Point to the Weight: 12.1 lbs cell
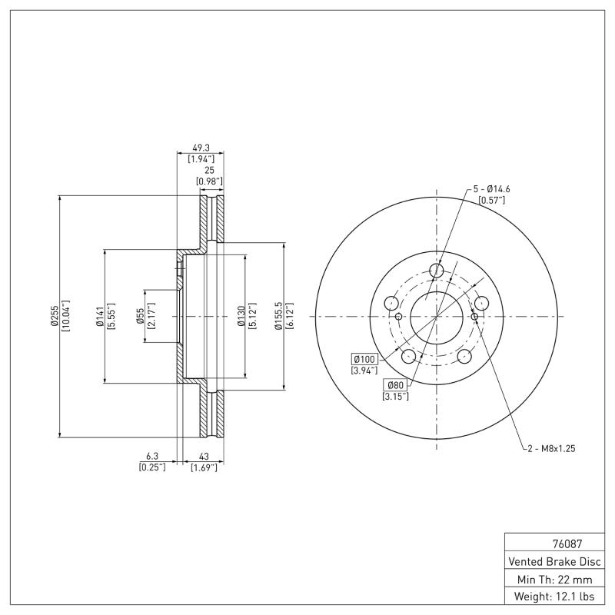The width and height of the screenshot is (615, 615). point(555,597)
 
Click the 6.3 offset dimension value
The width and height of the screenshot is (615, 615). point(151,455)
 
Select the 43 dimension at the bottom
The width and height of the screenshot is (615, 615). point(203,455)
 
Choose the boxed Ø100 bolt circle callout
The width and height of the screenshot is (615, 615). point(364,359)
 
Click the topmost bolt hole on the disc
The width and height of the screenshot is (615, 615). point(437,270)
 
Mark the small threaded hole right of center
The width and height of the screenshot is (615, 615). point(475,316)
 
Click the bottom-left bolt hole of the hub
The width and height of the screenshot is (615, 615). point(409,356)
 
